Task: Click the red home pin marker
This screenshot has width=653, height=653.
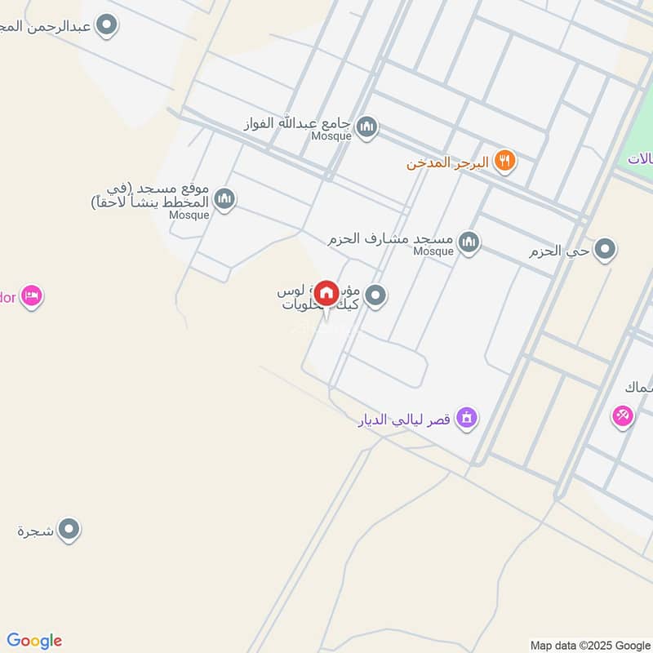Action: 326,294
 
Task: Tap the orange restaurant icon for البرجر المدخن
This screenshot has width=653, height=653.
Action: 506,161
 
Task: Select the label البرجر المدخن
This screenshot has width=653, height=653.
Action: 448,162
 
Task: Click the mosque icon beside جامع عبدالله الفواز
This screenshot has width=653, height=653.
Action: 367,127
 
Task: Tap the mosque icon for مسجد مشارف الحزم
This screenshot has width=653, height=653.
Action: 469,242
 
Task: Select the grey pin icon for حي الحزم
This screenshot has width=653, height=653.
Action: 605,249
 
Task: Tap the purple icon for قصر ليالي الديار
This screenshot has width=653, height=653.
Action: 466,419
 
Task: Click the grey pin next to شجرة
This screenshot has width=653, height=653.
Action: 70,530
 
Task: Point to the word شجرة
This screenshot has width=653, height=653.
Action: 35,531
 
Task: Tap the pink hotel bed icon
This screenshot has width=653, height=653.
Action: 32,295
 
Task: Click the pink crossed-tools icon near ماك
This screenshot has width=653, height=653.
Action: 623,415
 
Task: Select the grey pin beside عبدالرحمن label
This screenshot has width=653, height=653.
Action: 106,25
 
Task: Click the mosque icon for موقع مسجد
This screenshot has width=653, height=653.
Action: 224,198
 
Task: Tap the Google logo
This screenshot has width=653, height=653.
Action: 34,641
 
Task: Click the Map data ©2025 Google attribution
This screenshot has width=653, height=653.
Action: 589,645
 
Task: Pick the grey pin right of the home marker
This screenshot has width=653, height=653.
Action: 375,295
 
